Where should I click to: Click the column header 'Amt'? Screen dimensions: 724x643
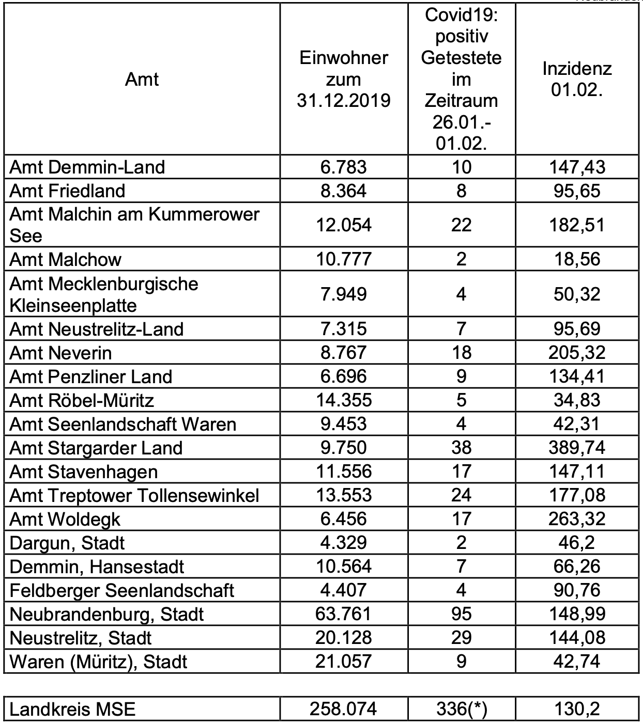[142, 79]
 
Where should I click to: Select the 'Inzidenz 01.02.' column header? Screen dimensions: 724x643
[577, 79]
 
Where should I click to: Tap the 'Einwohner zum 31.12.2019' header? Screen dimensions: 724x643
[344, 79]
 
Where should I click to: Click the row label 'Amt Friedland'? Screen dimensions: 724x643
[68, 191]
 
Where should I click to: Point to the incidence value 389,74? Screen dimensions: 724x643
[577, 447]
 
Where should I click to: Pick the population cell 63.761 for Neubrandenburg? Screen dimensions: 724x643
[344, 613]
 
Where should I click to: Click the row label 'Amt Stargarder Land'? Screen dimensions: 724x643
[96, 447]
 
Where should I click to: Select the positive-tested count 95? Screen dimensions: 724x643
[461, 613]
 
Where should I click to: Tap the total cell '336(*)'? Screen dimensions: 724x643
[461, 709]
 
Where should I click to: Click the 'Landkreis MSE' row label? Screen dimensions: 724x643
[73, 709]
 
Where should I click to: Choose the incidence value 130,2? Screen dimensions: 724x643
[577, 709]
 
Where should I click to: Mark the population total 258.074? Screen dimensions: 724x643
[344, 709]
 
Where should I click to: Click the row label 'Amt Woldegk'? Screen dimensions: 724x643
[65, 518]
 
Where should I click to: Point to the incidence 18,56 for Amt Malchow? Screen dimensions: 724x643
[577, 259]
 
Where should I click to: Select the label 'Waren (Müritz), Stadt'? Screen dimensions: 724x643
[99, 661]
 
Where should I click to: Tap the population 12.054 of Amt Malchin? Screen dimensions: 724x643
[344, 225]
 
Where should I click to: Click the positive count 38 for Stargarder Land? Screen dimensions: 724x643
[461, 447]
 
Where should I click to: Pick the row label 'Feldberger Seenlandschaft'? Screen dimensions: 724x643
[122, 590]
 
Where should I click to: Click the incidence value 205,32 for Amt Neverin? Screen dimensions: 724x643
[577, 352]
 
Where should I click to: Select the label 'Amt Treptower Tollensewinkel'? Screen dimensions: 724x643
[134, 495]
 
